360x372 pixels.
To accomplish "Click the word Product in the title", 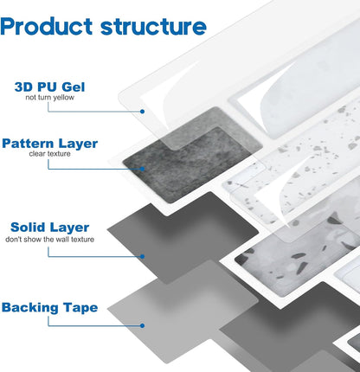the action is tap(46, 26).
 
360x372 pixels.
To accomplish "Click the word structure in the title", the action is tap(153, 27).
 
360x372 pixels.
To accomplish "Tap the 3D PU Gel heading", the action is tap(49, 87).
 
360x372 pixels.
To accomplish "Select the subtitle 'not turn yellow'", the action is tap(49, 98).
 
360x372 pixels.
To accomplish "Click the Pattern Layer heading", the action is tap(49, 144).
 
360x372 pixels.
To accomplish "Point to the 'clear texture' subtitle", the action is tap(49, 154).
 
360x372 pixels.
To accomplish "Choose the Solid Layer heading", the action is tap(49, 228).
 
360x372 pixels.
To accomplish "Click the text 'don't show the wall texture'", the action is tap(49, 240).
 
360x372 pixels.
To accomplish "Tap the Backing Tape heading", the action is tap(49, 308).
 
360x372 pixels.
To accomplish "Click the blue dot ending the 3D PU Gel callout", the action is tap(142, 112).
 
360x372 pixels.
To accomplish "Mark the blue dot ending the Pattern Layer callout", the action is tap(142, 169).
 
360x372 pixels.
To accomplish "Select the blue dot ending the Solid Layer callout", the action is tap(142, 256).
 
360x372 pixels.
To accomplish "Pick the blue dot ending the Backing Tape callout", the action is tap(142, 325).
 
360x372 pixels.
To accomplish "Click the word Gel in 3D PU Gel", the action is tap(74, 87).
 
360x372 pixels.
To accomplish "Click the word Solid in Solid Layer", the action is tap(27, 228).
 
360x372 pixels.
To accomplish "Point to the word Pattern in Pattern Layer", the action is tap(28, 144).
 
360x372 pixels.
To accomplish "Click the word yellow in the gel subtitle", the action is tap(66, 98).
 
